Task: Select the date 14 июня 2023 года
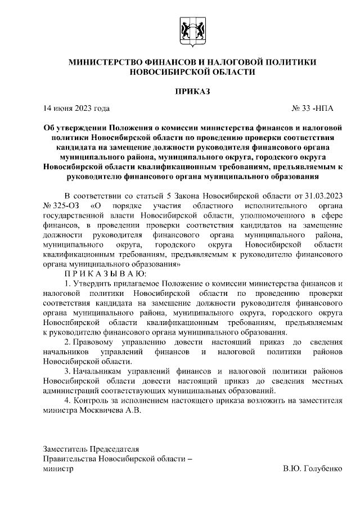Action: (x=76, y=109)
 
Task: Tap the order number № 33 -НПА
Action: (x=317, y=109)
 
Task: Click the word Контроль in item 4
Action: (x=93, y=400)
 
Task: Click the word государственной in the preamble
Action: (x=75, y=215)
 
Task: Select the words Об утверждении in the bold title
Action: (x=76, y=128)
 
